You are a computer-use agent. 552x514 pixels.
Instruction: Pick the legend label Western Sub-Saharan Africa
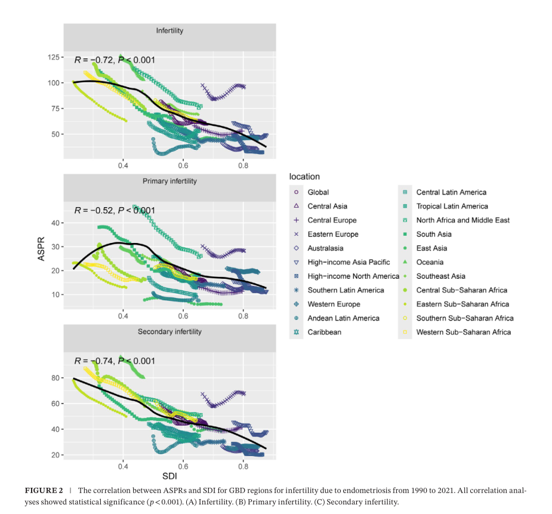[463, 332]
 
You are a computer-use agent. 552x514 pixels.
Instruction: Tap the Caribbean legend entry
[324, 332]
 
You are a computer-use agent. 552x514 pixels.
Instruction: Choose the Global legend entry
[318, 192]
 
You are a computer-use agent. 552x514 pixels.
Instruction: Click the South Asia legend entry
[434, 234]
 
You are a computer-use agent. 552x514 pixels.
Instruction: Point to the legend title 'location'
[304, 177]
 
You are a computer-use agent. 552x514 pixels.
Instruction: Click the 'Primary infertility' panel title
[169, 181]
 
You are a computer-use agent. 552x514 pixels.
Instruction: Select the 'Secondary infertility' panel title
[169, 332]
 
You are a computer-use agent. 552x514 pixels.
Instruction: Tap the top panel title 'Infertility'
[169, 30]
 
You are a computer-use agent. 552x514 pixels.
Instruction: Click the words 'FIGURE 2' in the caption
[44, 490]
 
